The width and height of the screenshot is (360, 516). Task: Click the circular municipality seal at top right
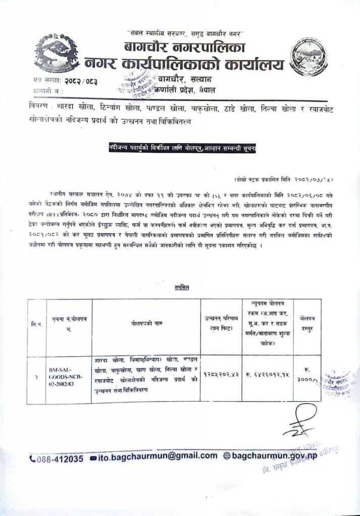point(309,57)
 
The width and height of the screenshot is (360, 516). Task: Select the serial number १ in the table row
point(36,376)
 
